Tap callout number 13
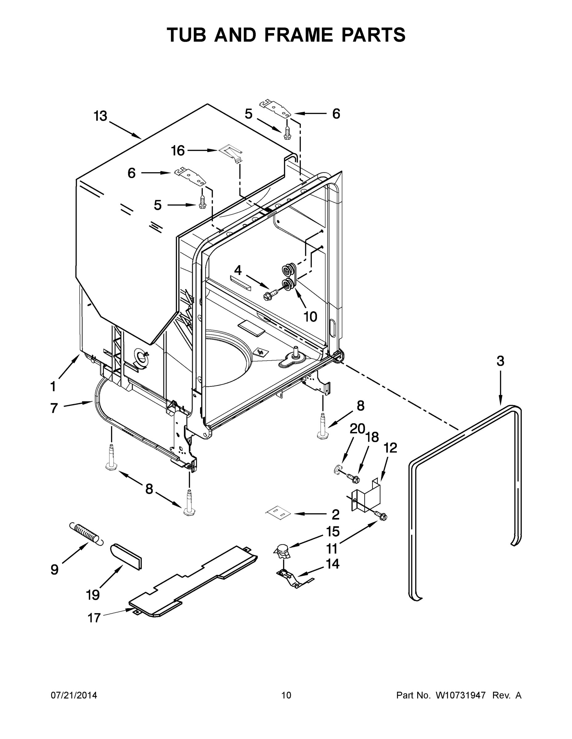[x=101, y=116]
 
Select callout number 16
[x=178, y=151]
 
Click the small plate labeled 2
[x=278, y=513]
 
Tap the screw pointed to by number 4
[x=270, y=295]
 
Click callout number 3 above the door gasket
[x=500, y=361]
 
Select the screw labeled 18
[x=353, y=478]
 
